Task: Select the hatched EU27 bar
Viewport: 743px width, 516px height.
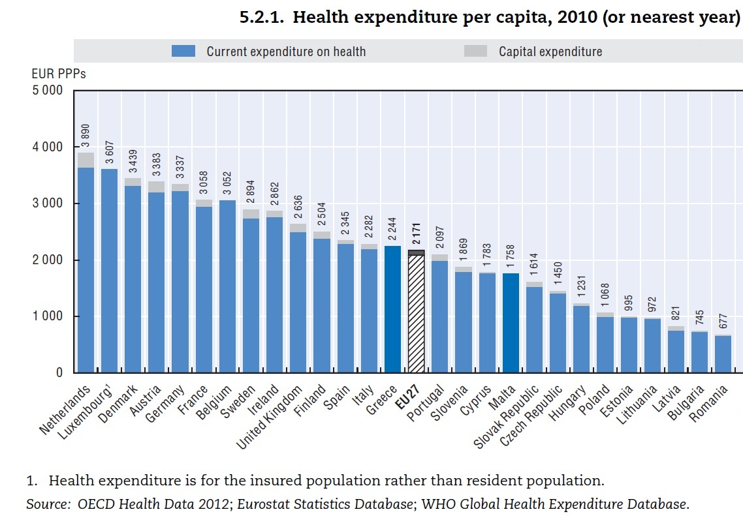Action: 416,313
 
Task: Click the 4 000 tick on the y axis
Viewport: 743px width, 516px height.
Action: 46,147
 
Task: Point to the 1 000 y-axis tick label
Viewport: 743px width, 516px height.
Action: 46,316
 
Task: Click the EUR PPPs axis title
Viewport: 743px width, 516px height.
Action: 58,74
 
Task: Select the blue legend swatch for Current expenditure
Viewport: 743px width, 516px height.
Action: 183,51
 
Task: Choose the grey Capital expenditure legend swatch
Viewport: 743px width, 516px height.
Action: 475,51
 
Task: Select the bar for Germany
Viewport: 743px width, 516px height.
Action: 180,281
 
